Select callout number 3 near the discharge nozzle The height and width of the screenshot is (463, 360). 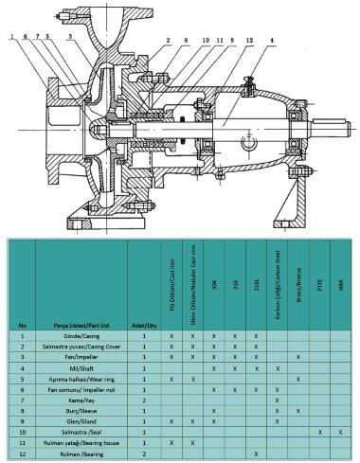coord(71,38)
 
